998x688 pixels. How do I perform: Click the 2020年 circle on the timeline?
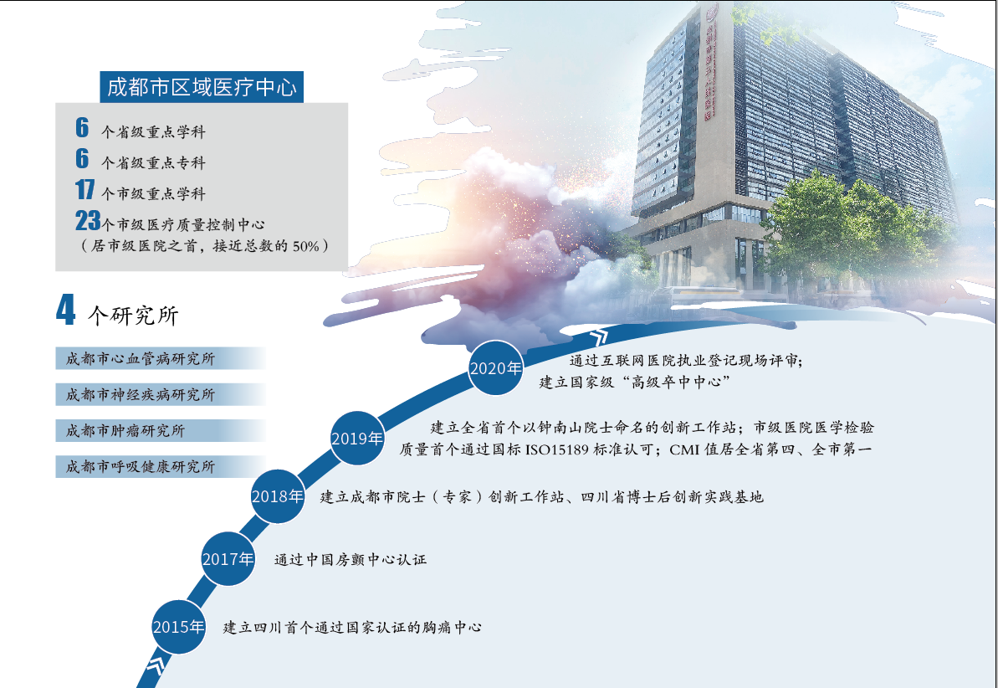click(x=496, y=367)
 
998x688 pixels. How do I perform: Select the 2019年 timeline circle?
click(x=357, y=439)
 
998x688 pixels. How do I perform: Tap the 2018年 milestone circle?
click(x=278, y=496)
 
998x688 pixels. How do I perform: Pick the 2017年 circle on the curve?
click(x=228, y=558)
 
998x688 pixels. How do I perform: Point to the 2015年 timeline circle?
click(x=179, y=627)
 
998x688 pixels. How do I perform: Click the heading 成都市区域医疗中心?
click(x=202, y=87)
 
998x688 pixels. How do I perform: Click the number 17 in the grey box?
click(x=84, y=189)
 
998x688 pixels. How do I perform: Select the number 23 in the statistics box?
click(x=88, y=220)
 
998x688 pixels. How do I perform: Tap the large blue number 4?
click(x=65, y=311)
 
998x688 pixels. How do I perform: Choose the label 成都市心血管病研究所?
click(x=141, y=359)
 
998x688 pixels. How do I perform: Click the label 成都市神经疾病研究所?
click(x=141, y=395)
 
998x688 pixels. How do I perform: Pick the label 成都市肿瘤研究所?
click(x=125, y=431)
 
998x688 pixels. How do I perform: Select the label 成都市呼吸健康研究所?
click(x=141, y=467)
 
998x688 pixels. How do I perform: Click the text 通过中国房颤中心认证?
click(x=351, y=560)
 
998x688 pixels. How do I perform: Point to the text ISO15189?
click(x=557, y=449)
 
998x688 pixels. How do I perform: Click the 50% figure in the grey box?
click(x=306, y=246)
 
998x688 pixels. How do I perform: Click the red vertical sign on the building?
click(x=709, y=64)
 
